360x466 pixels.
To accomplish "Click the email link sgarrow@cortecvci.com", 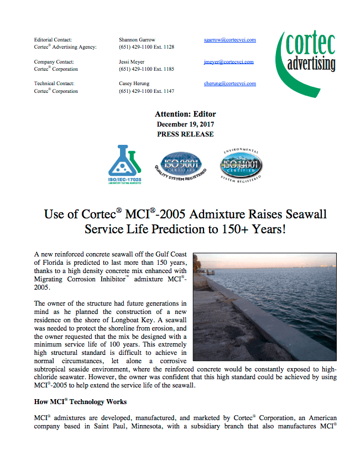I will click(229, 40).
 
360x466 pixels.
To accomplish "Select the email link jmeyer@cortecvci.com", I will click(228, 62).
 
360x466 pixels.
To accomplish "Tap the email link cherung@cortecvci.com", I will click(229, 83).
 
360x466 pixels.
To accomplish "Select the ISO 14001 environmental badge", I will click(241, 165).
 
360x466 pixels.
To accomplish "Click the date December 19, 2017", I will click(185, 124).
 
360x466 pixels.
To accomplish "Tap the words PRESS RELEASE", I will click(185, 134).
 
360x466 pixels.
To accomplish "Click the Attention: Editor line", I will click(185, 114).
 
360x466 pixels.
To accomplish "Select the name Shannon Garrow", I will click(137, 40).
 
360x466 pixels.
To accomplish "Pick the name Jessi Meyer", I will click(132, 62).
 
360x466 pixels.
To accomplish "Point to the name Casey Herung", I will click(134, 83).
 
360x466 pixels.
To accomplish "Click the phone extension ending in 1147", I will click(147, 91).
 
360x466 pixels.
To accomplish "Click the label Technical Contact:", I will click(54, 83).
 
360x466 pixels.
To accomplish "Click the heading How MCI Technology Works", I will click(80, 401).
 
